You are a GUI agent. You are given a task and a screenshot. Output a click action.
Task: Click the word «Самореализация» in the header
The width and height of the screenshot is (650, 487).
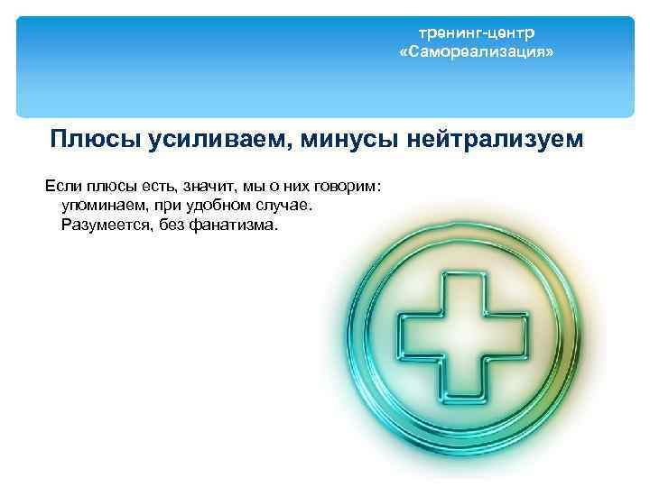point(477,53)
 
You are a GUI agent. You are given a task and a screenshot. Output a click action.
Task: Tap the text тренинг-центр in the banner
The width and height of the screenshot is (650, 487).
point(476,33)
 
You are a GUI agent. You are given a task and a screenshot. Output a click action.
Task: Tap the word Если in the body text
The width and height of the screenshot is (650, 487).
point(62,187)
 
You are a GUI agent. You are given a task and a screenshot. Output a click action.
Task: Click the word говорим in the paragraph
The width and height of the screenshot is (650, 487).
point(347,187)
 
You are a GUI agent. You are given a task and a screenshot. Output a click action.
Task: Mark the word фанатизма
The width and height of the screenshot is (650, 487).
point(239,225)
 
